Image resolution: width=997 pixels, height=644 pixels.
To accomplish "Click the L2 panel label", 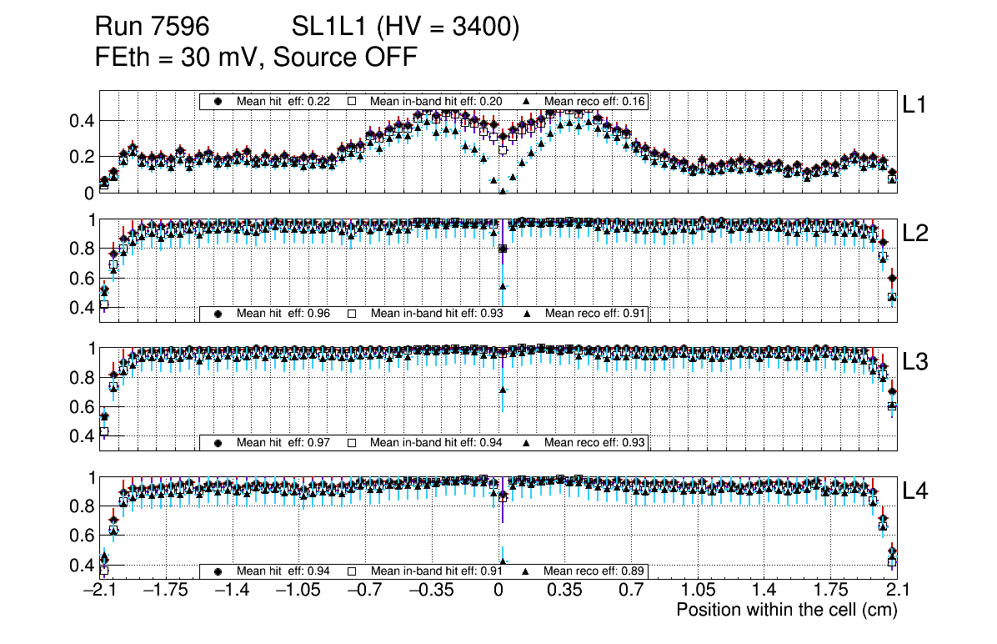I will tap(915, 234).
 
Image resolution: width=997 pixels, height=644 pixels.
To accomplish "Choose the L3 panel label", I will tap(915, 362).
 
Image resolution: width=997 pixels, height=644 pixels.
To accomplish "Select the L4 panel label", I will tap(915, 491).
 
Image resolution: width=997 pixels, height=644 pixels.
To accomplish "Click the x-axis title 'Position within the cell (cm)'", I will tap(786, 610).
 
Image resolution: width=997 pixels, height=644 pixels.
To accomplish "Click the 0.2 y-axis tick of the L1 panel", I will tap(80, 157).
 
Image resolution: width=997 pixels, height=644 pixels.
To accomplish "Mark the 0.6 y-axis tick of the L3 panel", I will tap(80, 407).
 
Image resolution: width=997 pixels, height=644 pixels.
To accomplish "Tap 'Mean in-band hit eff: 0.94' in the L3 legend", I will tap(436, 442).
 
